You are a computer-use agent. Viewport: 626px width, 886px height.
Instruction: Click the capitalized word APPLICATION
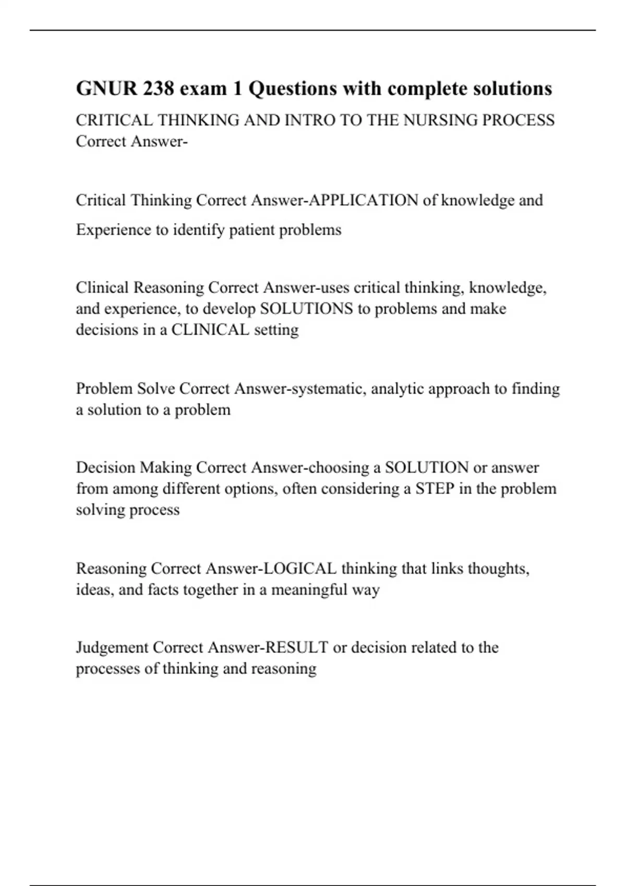tap(364, 200)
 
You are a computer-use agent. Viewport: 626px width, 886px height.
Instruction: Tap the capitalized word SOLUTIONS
tap(306, 309)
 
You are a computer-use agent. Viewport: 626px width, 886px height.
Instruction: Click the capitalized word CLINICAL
tap(210, 330)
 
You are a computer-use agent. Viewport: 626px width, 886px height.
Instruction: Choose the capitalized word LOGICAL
tap(300, 569)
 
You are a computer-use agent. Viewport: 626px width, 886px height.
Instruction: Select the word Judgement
tap(112, 648)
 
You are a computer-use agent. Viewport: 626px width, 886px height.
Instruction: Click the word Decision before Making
tap(106, 467)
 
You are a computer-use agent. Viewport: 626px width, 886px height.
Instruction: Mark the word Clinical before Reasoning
tap(102, 288)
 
